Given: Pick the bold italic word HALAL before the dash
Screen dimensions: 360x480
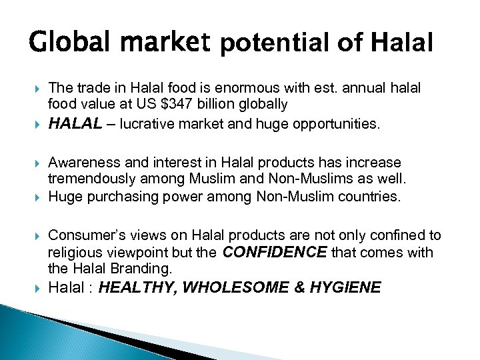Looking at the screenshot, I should click(x=75, y=123).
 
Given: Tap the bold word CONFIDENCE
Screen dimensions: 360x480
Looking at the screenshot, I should click(x=275, y=251).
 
